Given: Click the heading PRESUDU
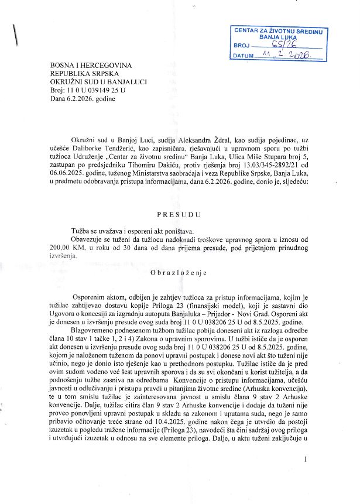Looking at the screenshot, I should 180,215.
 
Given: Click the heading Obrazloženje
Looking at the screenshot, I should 179,272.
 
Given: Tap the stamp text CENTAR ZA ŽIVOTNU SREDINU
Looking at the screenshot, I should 280,30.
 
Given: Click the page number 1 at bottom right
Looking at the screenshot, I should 306,460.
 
